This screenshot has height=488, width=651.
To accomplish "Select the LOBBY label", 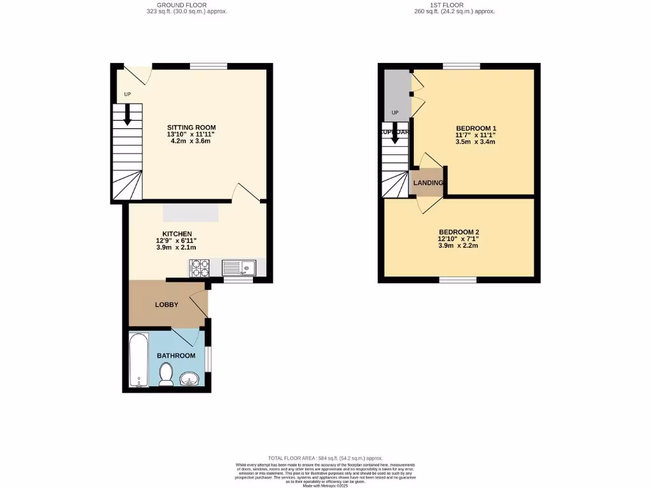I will point(167,304).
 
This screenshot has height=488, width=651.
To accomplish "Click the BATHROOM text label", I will point(176,356).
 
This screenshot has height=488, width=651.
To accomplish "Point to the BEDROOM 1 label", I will point(476,127).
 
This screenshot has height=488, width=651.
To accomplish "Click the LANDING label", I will point(428,183).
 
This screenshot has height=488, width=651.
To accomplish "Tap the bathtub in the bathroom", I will point(139,360).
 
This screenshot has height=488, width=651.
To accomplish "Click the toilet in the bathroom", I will point(167,374).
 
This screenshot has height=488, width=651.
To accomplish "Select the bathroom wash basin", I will point(189,379).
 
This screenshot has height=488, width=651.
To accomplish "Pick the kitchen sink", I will point(238,268).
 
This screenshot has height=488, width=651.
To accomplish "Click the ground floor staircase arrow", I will point(127,114).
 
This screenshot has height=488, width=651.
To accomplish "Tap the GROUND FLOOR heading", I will point(182,4).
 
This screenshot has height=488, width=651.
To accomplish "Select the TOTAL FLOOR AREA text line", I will point(325,457).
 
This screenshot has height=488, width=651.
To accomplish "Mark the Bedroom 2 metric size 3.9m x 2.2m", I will point(458,246).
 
